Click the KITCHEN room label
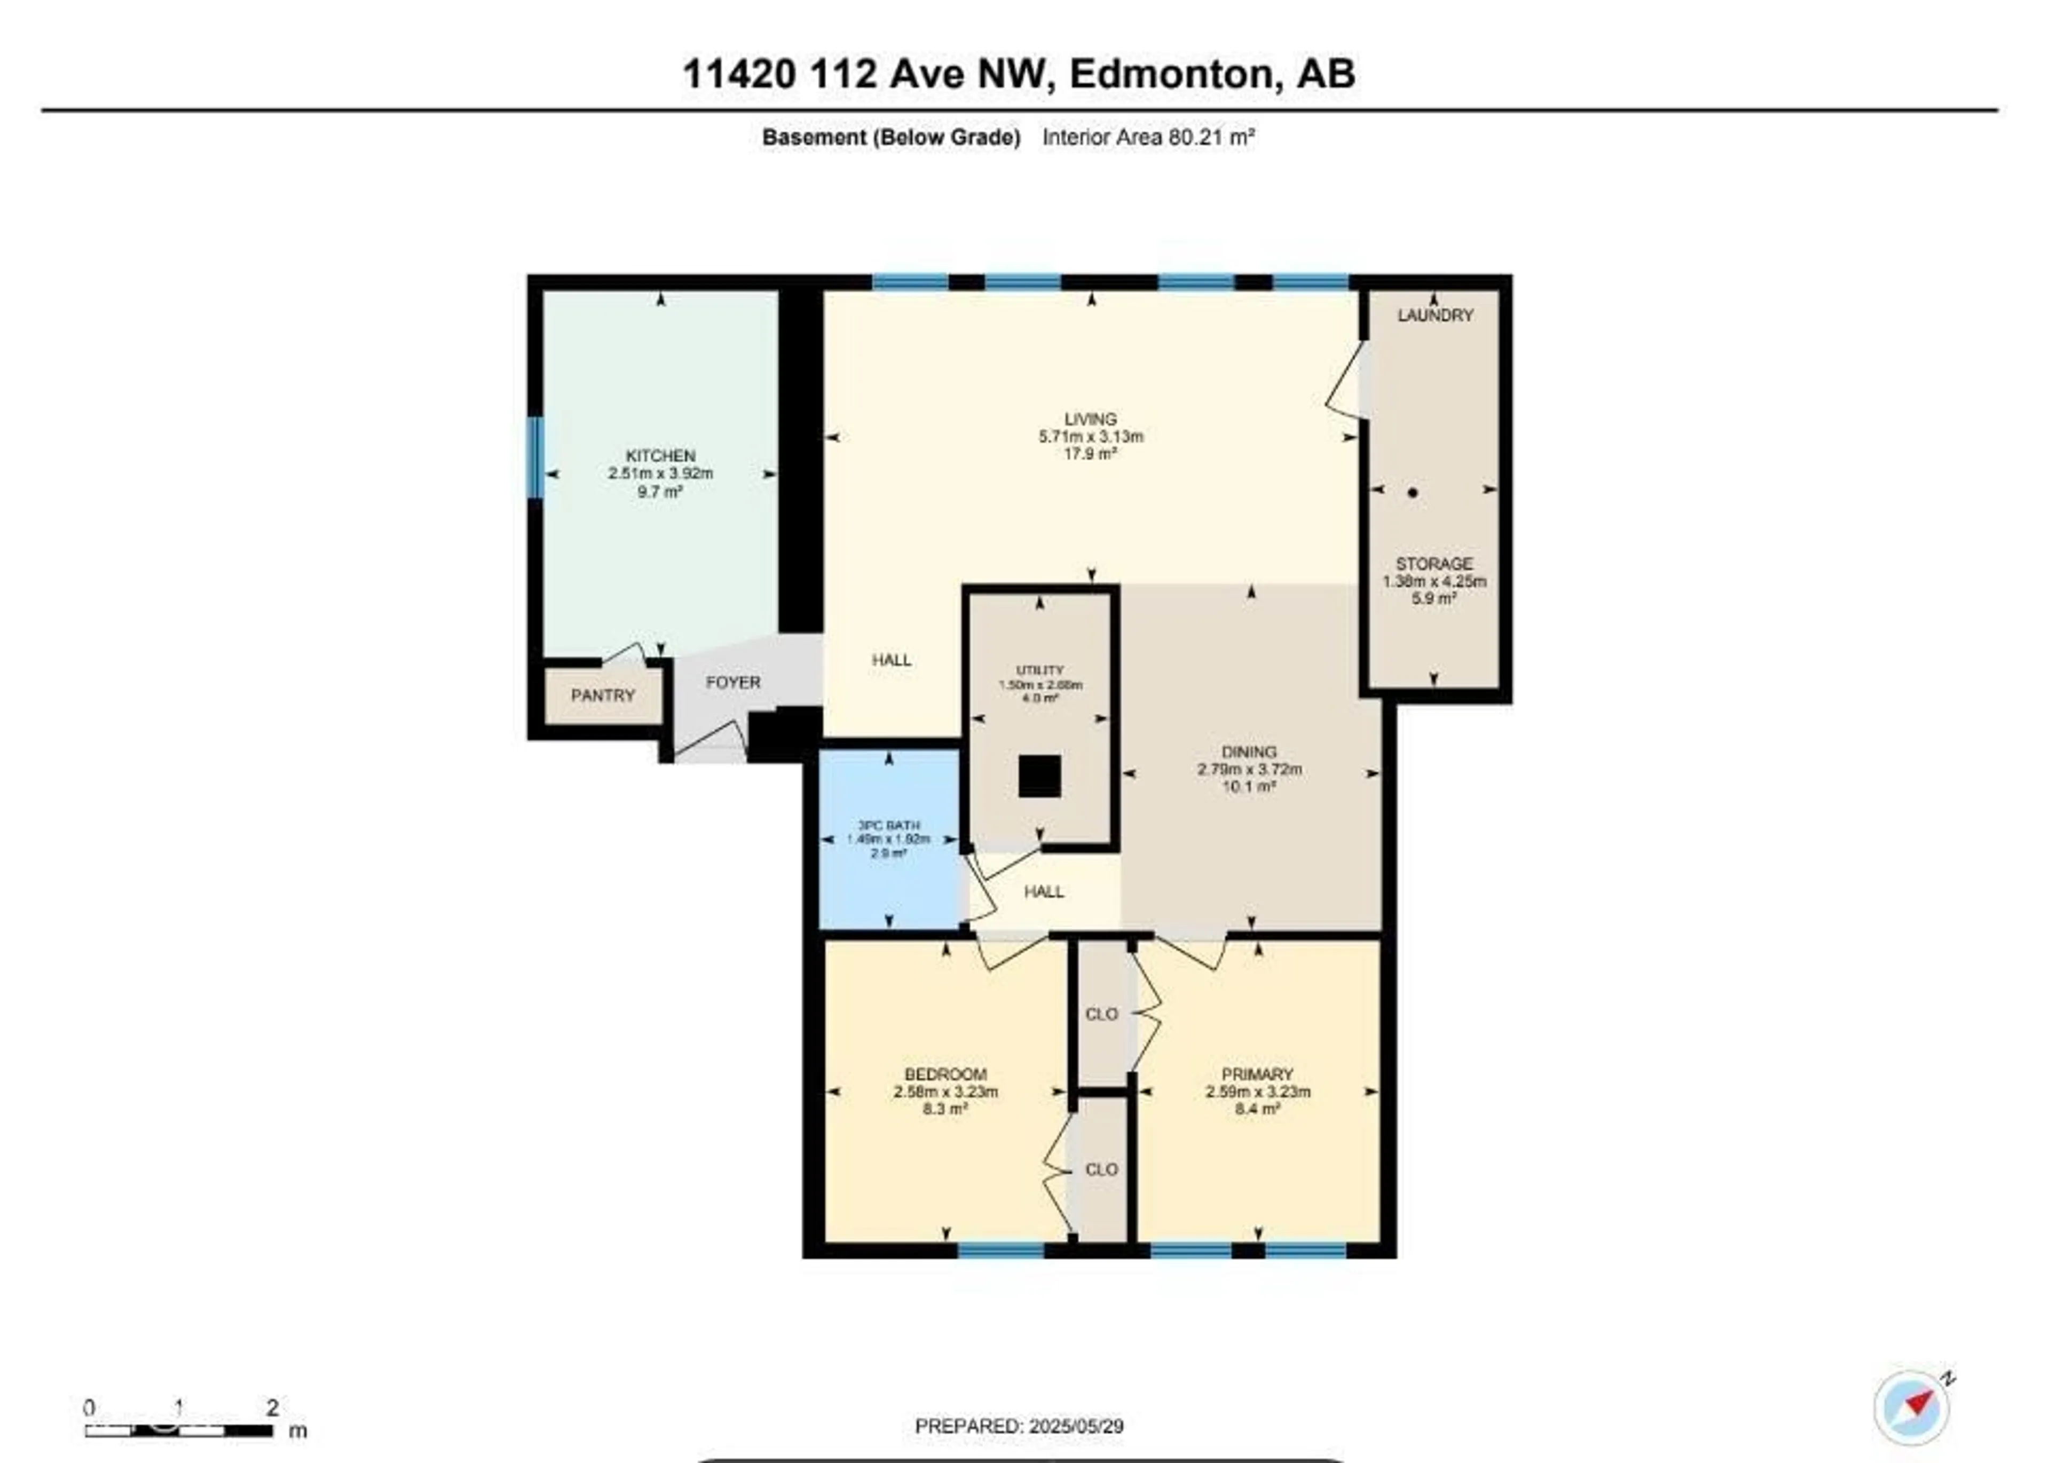pyautogui.click(x=660, y=456)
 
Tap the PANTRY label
pyautogui.click(x=603, y=695)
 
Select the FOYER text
pyautogui.click(x=732, y=682)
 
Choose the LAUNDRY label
pyautogui.click(x=1434, y=315)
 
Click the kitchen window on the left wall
pyautogui.click(x=535, y=457)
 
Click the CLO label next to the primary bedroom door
pyautogui.click(x=1101, y=1014)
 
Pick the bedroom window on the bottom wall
pyautogui.click(x=1000, y=1250)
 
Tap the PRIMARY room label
pyautogui.click(x=1257, y=1074)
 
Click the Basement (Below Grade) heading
pyautogui.click(x=891, y=137)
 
